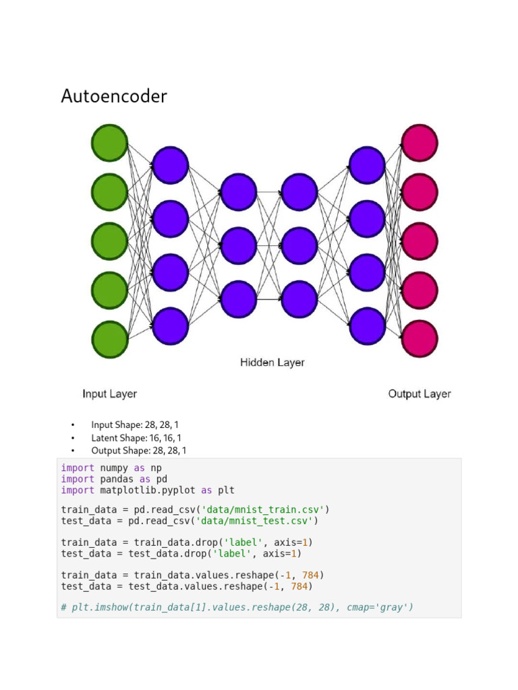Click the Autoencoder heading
(114, 96)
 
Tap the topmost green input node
(109, 144)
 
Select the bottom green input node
(109, 339)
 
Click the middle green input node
(109, 241)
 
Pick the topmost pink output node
(420, 143)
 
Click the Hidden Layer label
(272, 363)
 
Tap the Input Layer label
(109, 394)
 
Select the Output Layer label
(420, 394)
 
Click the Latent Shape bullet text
(136, 438)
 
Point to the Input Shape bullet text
(135, 425)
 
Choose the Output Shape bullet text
(139, 451)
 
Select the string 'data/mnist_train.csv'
(266, 509)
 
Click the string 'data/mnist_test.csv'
(257, 521)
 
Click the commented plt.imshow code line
(237, 607)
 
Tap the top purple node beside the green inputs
(170, 165)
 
